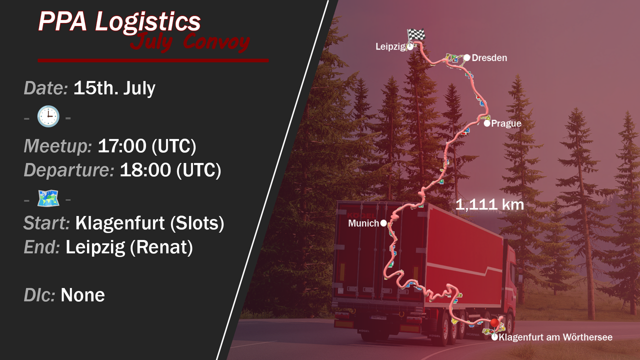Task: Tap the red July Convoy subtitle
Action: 190,42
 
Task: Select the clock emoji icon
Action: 48,116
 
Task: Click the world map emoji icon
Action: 48,198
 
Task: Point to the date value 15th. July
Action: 114,88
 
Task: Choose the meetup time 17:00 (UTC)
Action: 147,146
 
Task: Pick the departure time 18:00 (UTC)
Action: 170,170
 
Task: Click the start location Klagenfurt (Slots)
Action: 149,223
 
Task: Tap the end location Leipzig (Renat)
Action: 129,247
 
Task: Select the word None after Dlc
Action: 82,295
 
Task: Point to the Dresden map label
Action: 489,57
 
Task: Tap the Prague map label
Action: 506,123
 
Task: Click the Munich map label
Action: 363,223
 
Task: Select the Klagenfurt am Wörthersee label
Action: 555,337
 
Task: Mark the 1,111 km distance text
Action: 489,204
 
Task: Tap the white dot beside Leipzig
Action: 410,47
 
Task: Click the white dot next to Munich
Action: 383,223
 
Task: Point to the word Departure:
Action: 69,170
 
